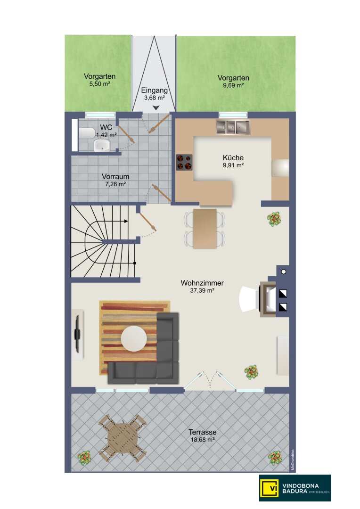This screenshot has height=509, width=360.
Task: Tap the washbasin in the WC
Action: pyautogui.click(x=102, y=146)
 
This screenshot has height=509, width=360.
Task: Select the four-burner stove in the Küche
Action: pyautogui.click(x=184, y=162)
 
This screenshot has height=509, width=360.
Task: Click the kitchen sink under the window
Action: pyautogui.click(x=233, y=127)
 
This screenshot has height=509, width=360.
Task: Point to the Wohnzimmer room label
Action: pyautogui.click(x=202, y=283)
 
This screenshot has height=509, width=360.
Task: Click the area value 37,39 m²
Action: pyautogui.click(x=202, y=291)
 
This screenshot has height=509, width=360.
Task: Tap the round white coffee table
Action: pyautogui.click(x=134, y=338)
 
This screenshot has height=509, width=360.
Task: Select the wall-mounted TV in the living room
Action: pyautogui.click(x=77, y=334)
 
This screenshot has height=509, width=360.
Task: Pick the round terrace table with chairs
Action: pyautogui.click(x=123, y=437)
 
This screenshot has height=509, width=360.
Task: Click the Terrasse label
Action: pyautogui.click(x=203, y=432)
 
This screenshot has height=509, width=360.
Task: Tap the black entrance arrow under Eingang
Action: pyautogui.click(x=156, y=108)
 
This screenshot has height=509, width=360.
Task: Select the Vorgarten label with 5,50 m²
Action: pyautogui.click(x=99, y=77)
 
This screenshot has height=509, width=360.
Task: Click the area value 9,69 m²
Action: pyautogui.click(x=233, y=86)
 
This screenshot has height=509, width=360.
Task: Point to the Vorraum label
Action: pyautogui.click(x=115, y=177)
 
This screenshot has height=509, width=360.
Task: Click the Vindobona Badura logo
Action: pyautogui.click(x=295, y=488)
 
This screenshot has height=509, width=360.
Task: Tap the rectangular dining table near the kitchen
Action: pyautogui.click(x=205, y=229)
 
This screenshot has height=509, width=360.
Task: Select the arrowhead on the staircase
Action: pyautogui.click(x=126, y=222)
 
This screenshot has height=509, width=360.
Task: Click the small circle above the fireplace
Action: pyautogui.click(x=283, y=272)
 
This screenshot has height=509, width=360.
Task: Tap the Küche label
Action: pyautogui.click(x=233, y=158)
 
